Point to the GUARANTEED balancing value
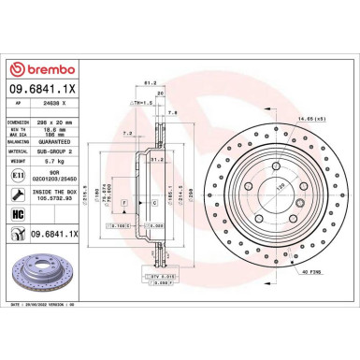pos(61,140)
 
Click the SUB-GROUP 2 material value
pos(61,150)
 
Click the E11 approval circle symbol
pos(20,175)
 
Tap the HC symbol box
pos(20,213)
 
